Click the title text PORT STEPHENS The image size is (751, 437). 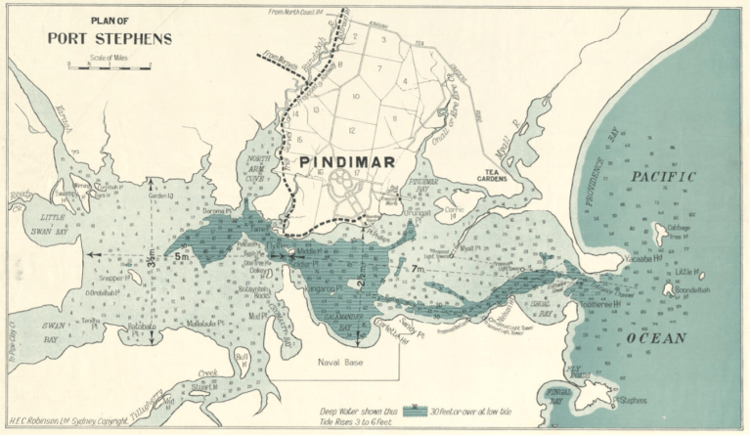[110, 39]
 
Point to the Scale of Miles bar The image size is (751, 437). [109, 67]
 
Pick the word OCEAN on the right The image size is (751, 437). [657, 338]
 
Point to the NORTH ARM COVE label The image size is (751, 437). [258, 162]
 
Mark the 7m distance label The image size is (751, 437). [418, 268]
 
